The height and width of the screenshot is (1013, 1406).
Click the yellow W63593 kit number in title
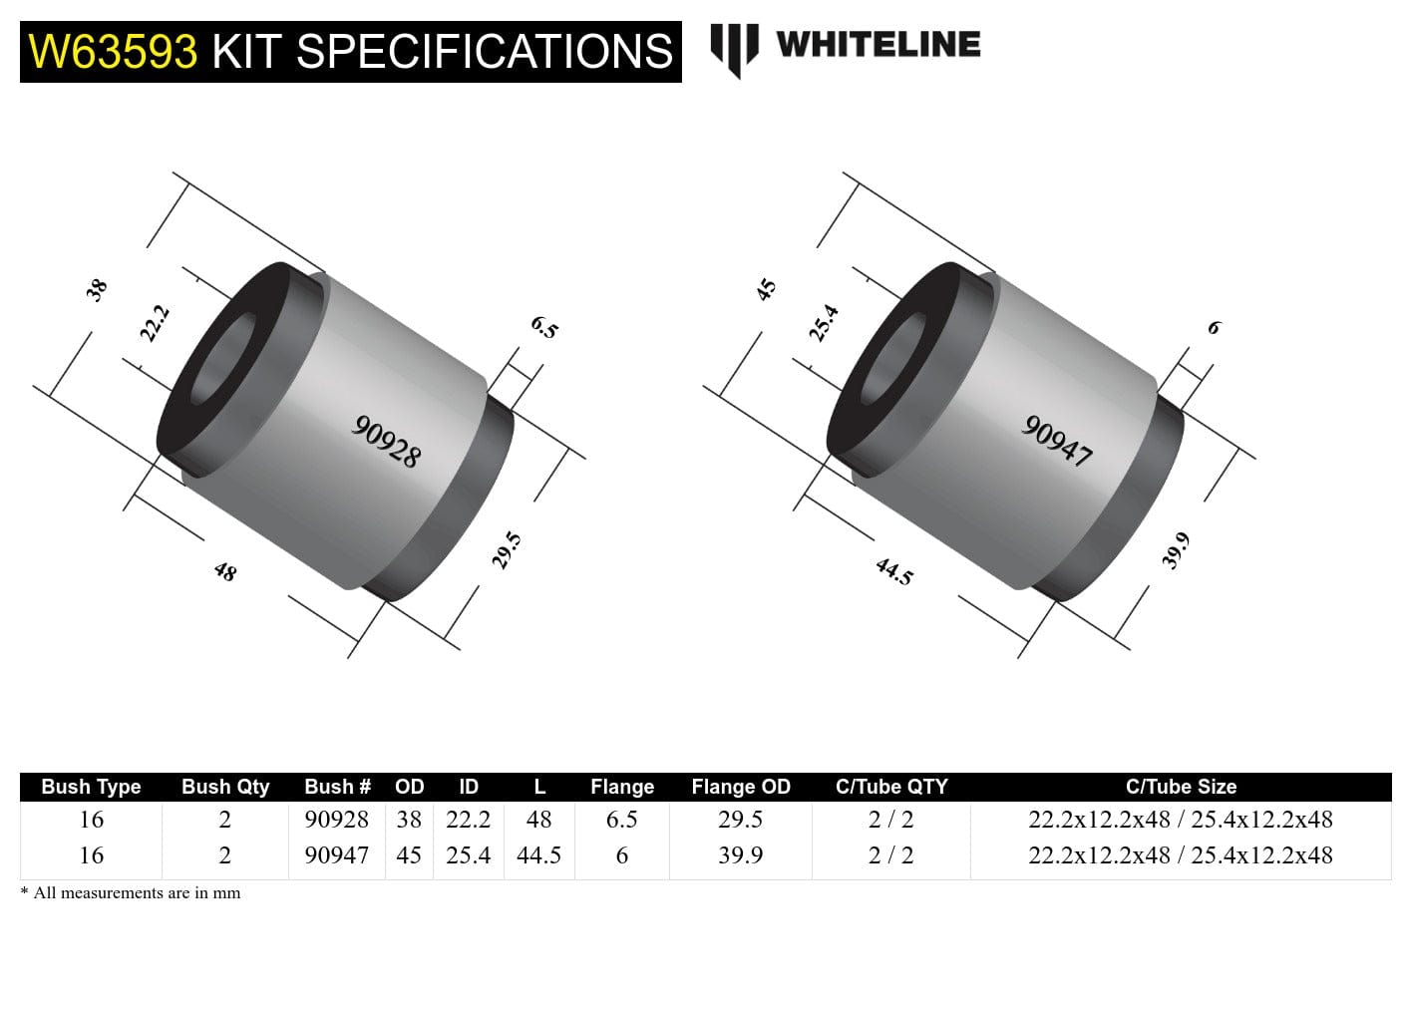pos(113,52)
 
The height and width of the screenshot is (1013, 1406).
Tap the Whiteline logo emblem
pos(734,48)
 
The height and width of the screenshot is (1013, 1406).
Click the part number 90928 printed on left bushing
pos(387,441)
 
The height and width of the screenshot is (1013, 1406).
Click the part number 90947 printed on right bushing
pos(1057,441)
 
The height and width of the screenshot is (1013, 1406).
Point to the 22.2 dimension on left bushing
pos(155,324)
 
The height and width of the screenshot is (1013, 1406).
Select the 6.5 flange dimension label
pos(544,327)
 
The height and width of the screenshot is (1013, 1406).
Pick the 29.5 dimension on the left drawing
pos(507,550)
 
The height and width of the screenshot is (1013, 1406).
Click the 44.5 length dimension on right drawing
pos(893,571)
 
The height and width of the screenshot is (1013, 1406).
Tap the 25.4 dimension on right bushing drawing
pos(823,324)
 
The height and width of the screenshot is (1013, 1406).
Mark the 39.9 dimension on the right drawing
pos(1176,550)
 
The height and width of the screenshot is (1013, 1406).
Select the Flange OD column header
pos(740,787)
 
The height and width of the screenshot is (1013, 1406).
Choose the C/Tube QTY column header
pos(890,787)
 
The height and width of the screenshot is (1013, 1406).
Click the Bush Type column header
pos(91,787)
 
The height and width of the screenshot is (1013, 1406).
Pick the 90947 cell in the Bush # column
pos(336,855)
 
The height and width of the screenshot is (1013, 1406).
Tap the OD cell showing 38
pos(409,820)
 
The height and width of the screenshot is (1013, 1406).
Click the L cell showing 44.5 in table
pos(538,855)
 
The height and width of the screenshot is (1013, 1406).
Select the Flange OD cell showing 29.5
pos(740,820)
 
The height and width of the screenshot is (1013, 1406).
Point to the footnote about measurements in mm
pos(131,893)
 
